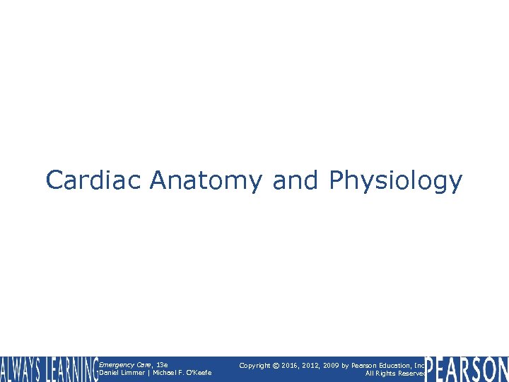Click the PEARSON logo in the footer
click(x=467, y=369)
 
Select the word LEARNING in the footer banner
click(x=71, y=369)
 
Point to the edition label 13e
click(x=162, y=365)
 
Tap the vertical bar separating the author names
click(x=146, y=374)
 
